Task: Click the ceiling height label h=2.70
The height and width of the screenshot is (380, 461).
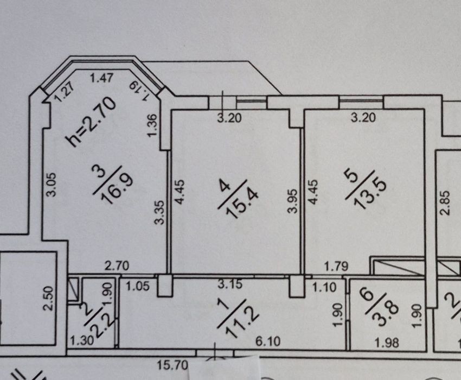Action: click(x=91, y=122)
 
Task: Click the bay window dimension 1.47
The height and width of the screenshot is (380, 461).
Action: click(x=101, y=78)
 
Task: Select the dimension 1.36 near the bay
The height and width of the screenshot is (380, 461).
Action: click(x=153, y=126)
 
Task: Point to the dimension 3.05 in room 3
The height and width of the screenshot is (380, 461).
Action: click(x=52, y=184)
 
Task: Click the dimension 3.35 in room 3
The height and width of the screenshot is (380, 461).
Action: click(x=159, y=212)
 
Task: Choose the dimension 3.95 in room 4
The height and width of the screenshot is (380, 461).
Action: click(x=292, y=201)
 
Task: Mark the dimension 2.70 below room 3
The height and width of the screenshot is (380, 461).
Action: click(x=117, y=266)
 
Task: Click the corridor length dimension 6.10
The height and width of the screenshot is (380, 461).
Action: click(x=268, y=341)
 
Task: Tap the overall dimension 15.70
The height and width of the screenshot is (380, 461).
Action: click(x=172, y=365)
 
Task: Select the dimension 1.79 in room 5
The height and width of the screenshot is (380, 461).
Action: click(x=336, y=267)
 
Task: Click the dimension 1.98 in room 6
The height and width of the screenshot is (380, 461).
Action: click(x=387, y=343)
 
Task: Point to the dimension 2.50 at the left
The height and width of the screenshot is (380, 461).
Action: click(x=49, y=299)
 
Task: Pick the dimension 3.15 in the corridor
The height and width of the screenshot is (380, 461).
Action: click(x=230, y=284)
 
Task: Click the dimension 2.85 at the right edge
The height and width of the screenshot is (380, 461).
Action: click(x=445, y=203)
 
